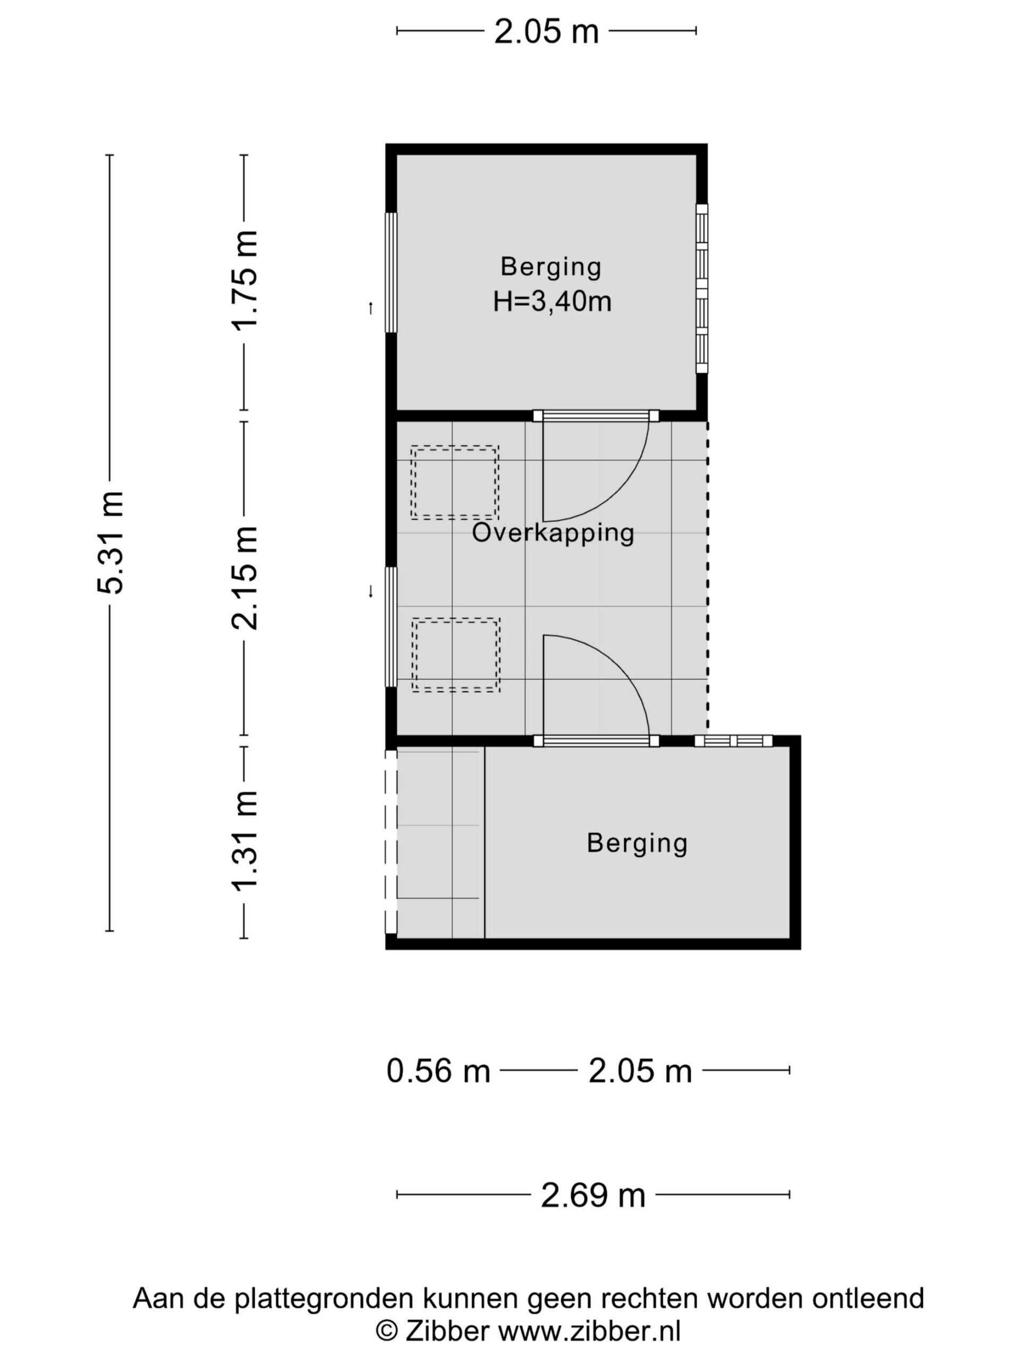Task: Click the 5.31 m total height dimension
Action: (110, 543)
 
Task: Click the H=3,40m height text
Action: (552, 302)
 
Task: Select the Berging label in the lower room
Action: (637, 842)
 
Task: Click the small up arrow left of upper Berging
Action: (370, 308)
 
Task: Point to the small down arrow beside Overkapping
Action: (370, 592)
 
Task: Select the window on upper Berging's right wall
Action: (702, 288)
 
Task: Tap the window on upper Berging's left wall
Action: (390, 273)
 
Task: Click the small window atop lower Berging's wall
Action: (733, 741)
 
